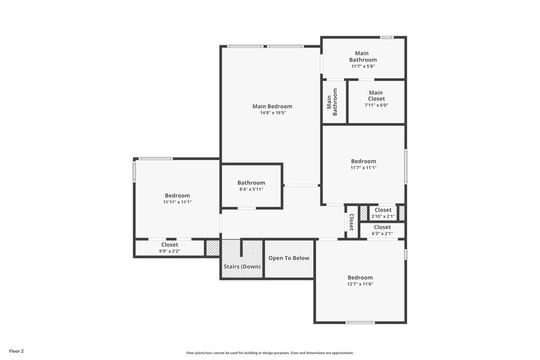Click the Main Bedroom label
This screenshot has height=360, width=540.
(272, 106)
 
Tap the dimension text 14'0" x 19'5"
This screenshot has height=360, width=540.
(272, 113)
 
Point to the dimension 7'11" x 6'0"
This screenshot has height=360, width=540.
(376, 105)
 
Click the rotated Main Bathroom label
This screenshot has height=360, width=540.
(332, 102)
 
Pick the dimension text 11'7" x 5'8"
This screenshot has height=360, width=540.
(362, 66)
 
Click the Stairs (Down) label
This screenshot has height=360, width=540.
(242, 266)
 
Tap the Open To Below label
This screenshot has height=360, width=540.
(289, 258)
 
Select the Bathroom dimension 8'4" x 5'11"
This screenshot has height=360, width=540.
(250, 189)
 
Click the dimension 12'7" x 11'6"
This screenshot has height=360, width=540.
(360, 284)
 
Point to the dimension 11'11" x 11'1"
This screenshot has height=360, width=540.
(177, 202)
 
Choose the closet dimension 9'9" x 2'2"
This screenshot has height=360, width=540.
(169, 251)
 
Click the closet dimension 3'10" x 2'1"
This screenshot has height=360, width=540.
(382, 216)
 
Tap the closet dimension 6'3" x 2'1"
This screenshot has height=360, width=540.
(381, 234)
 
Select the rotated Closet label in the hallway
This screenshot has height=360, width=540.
(351, 221)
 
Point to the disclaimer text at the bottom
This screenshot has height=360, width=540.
(270, 353)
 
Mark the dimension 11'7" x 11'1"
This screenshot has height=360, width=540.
(363, 168)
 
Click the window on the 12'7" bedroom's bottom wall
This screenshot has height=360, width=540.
(360, 322)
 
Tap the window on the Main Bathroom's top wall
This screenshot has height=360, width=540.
(387, 37)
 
